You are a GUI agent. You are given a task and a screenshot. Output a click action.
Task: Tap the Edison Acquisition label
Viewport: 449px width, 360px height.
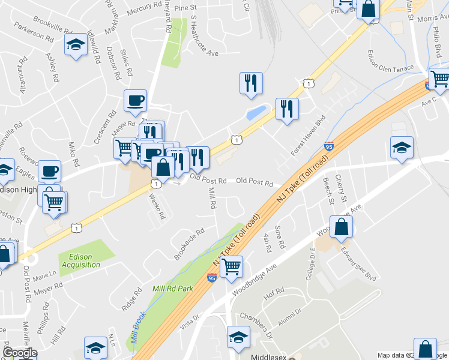(x=77, y=261)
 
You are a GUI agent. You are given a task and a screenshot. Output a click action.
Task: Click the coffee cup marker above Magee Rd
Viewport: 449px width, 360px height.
(x=135, y=100)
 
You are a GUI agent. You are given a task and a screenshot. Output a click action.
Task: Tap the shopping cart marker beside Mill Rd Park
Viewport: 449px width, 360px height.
(x=231, y=266)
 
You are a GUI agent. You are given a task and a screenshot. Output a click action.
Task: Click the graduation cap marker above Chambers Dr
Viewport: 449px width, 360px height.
(x=238, y=338)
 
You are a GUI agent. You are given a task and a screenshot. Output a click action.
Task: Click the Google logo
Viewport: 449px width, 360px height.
(x=20, y=353)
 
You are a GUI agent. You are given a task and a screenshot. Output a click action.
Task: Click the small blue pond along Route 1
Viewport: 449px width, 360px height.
(x=256, y=112)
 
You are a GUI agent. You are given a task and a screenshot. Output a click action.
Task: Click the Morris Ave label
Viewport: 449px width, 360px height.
(x=432, y=19)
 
